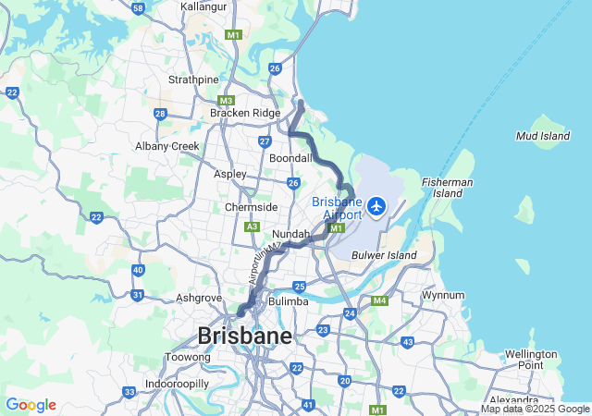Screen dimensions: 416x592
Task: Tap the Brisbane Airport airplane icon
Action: pos(376,205)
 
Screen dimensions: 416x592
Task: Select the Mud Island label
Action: pos(542,136)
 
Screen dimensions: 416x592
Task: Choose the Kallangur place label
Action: pos(203,6)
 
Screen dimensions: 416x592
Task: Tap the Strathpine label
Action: pos(193,80)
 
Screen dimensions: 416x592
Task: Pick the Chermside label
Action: pos(251,207)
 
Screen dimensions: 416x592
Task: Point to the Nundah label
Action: pos(290,235)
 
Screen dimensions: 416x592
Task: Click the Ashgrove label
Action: pos(200,299)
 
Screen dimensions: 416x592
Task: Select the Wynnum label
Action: pos(443,295)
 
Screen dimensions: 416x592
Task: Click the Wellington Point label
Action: pos(531,360)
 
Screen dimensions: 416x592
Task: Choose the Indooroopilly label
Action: pos(177,383)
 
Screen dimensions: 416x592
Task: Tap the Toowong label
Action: pos(180,357)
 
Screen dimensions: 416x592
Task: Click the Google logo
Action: pos(31,405)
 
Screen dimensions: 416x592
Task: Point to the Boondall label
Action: pos(290,158)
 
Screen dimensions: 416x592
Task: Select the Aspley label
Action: pos(230,174)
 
